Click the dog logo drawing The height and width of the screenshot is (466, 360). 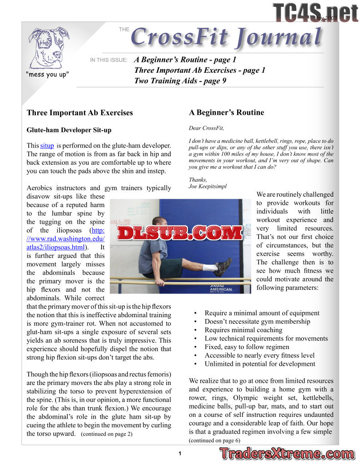pos(49,47)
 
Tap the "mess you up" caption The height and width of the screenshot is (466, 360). pos(47,74)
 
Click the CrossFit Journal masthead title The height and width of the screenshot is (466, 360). pos(226,37)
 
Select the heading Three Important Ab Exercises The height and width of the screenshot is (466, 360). pos(80,112)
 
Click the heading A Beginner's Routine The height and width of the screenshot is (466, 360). pos(226,112)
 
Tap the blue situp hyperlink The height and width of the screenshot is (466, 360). pos(47,146)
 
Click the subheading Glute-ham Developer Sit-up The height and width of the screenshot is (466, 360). pos(69,130)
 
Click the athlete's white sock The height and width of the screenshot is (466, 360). pos(210,267)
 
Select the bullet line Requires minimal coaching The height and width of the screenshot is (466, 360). pos(243,330)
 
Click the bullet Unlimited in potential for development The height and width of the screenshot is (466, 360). pos(259,364)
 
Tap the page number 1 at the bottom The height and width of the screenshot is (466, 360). pos(180,453)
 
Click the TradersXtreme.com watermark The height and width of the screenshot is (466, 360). pos(286,454)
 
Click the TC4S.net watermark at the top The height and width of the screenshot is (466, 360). pos(315,12)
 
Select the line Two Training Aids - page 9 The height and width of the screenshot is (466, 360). pos(180,81)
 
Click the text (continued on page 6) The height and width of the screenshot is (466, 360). pos(214,441)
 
